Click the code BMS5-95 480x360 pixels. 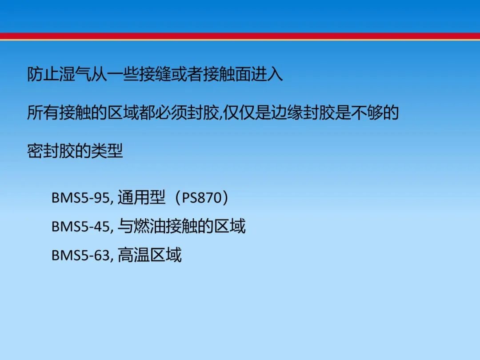80,198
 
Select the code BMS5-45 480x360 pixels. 80,227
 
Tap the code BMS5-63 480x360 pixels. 80,255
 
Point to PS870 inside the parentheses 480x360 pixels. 202,198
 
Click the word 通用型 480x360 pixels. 141,197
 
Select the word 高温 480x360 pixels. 133,255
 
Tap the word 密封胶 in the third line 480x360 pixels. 51,151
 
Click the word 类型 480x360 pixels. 107,151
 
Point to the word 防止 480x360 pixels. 43,74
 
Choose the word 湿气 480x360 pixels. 75,74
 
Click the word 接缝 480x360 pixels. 155,74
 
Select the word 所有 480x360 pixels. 43,112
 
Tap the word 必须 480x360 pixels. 171,112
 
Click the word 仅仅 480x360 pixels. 239,112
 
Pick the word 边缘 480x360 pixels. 287,112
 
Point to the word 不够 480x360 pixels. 366,112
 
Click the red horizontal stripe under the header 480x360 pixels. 240,36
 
